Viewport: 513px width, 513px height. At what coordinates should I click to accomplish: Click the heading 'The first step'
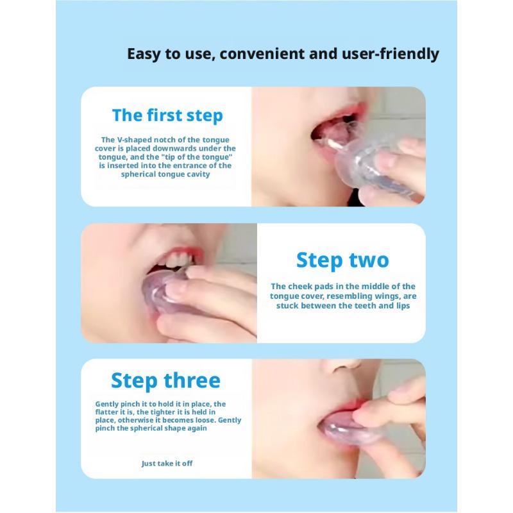[x=167, y=115]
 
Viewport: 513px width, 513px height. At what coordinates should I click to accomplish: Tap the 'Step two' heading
[x=342, y=260]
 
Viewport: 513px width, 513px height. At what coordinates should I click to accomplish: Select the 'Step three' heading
[x=165, y=380]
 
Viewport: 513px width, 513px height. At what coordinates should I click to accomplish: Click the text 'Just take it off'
[x=167, y=463]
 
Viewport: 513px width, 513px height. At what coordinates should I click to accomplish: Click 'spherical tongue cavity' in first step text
[x=165, y=174]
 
